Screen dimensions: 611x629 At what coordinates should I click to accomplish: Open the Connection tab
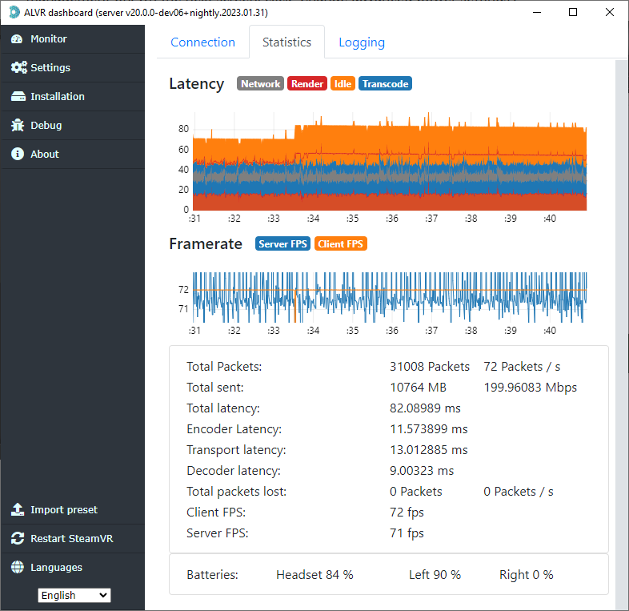(202, 42)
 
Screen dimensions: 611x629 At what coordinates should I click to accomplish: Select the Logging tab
(361, 42)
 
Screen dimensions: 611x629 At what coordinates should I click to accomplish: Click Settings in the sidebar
(50, 68)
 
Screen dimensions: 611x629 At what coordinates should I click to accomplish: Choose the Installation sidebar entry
(57, 97)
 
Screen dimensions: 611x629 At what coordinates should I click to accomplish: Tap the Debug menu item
(46, 126)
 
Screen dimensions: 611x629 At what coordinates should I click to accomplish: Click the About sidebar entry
(44, 155)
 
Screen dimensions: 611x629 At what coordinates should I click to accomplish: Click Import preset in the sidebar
(63, 510)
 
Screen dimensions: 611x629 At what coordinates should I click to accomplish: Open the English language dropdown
(74, 595)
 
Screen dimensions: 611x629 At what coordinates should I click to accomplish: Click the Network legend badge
(260, 84)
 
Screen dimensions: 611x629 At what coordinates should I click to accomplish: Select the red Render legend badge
(306, 84)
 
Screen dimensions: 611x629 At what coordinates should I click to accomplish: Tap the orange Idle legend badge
(343, 84)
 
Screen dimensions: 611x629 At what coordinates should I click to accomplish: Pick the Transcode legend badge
(385, 84)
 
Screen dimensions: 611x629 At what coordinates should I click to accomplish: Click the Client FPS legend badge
(341, 244)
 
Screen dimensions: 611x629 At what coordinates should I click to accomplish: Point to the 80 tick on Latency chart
(183, 129)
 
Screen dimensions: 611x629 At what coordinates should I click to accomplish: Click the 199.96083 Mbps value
(530, 388)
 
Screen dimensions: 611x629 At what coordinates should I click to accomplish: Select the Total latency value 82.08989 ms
(425, 408)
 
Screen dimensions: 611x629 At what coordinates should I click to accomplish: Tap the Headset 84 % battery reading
(314, 575)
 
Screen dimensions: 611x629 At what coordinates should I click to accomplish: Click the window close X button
(610, 12)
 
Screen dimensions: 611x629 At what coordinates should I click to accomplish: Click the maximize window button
(573, 12)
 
